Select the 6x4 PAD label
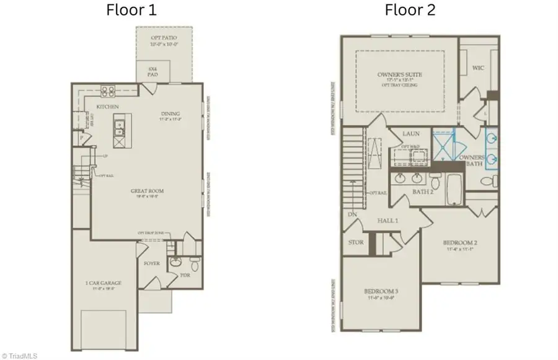(153, 71)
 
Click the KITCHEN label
(107, 107)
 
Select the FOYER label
(151, 263)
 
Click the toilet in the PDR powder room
(195, 265)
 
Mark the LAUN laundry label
(412, 133)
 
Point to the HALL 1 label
(388, 221)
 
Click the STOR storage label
(356, 242)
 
